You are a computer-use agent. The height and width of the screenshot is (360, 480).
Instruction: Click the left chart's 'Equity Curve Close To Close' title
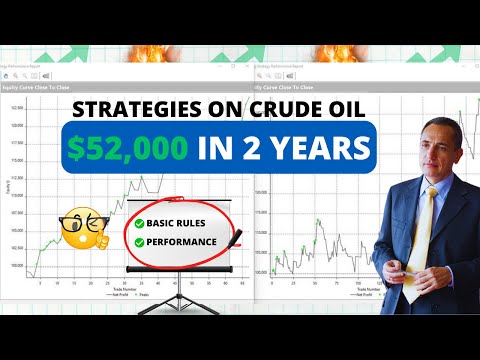(x=40, y=87)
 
